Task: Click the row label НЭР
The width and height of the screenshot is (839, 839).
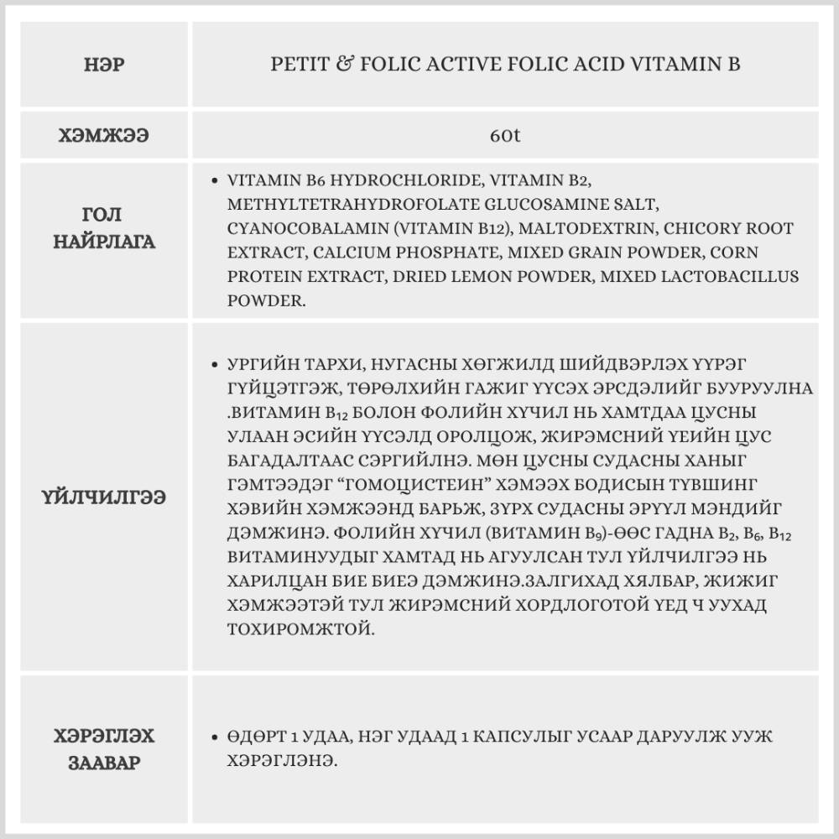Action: [x=105, y=64]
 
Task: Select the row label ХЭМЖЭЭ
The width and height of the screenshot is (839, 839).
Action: [x=105, y=135]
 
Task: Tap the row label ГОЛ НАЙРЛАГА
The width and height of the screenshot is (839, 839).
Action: [x=105, y=229]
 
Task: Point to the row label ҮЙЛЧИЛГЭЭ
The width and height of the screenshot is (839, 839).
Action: [x=105, y=497]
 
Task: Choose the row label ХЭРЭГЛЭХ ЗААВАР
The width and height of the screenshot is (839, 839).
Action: [x=105, y=749]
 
